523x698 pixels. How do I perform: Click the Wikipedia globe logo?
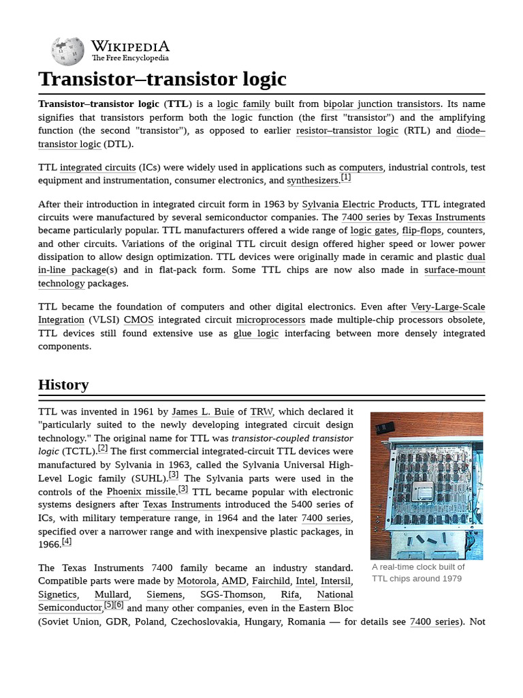[x=67, y=51]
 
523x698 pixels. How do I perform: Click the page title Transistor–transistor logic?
[x=162, y=79]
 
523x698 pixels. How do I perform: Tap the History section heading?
[x=63, y=384]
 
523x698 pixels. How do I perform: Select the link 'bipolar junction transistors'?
[x=381, y=104]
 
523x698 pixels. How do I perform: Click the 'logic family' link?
[x=243, y=104]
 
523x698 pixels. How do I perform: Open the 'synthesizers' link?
[x=312, y=181]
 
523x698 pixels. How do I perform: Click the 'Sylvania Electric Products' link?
[x=358, y=204]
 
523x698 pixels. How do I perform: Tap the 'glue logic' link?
[x=255, y=333]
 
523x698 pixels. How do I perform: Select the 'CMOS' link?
[x=138, y=320]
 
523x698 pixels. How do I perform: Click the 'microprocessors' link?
[x=270, y=320]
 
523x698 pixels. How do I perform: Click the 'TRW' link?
[x=261, y=412]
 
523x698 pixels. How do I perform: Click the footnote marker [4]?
[x=66, y=542]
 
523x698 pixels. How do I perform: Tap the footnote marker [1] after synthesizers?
[x=346, y=178]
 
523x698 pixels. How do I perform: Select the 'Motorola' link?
[x=196, y=581]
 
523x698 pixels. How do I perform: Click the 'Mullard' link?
[x=111, y=594]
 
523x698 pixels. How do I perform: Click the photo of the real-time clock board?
[x=426, y=485]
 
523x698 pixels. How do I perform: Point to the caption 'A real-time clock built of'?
[x=418, y=567]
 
